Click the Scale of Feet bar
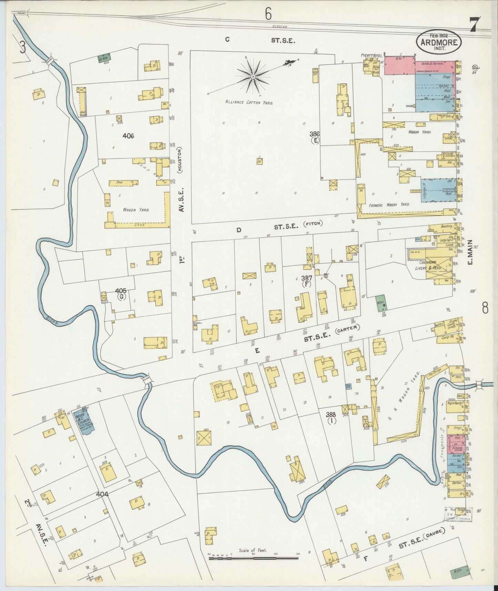click(253, 558)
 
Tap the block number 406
click(128, 136)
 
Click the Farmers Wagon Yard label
click(389, 205)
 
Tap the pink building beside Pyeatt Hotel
click(399, 66)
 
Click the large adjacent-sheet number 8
click(485, 308)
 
